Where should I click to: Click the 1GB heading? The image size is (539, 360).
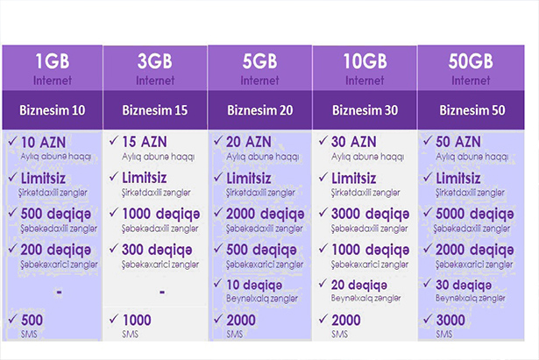[x=53, y=61]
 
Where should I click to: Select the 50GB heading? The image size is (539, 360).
[x=471, y=61]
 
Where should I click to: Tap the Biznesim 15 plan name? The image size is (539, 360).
[x=155, y=110]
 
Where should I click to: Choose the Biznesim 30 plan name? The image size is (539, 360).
[x=365, y=110]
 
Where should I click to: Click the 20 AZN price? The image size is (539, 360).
[x=249, y=142]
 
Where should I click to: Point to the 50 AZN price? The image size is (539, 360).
[x=457, y=142]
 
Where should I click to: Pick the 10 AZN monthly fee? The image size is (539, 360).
[x=43, y=142]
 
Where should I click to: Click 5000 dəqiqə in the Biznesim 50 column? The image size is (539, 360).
[x=475, y=215]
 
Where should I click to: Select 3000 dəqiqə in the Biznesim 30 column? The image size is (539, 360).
[x=370, y=215]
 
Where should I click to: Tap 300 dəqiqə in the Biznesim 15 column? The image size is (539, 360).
[x=157, y=251]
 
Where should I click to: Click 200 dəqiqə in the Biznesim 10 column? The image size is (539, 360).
[x=56, y=251]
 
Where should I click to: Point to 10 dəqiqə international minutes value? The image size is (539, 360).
[x=254, y=286]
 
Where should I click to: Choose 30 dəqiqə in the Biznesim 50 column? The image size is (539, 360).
[x=464, y=286]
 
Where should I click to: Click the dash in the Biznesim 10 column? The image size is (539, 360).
[x=60, y=293]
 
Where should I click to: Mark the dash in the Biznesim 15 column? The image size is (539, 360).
[x=162, y=293]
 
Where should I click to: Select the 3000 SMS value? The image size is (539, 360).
[x=450, y=321]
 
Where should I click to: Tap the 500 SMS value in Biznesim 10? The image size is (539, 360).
[x=32, y=321]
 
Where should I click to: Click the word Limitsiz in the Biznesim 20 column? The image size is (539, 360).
[x=249, y=179]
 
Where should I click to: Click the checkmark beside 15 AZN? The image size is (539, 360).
[x=114, y=140]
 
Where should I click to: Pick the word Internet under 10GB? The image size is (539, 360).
[x=365, y=81]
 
